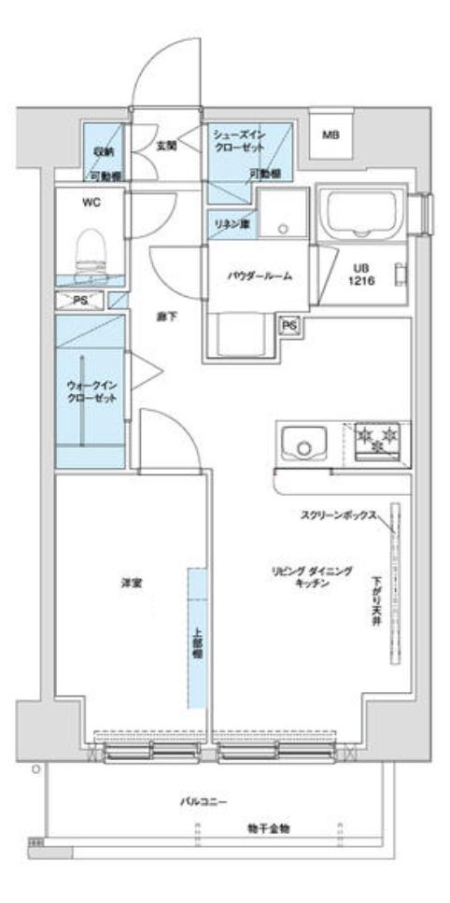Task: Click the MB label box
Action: click(x=330, y=136)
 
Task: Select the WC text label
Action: click(x=91, y=200)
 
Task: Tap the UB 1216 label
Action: click(x=363, y=273)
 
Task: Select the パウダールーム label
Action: click(x=260, y=275)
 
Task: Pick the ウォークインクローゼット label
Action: click(x=91, y=391)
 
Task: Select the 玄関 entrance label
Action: click(x=166, y=145)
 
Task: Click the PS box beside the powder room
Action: click(x=289, y=325)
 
